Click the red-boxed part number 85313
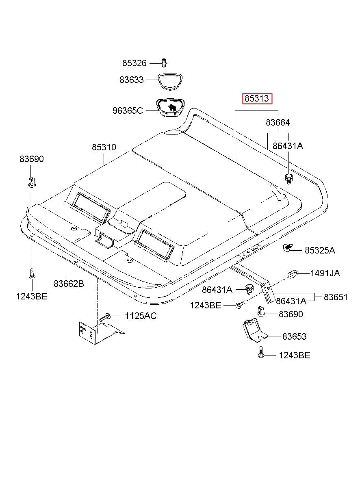(256, 98)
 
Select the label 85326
(134, 63)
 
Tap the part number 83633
(131, 80)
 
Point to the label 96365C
(128, 111)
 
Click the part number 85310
(104, 147)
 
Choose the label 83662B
(69, 284)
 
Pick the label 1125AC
(141, 316)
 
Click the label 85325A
(320, 250)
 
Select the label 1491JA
(325, 273)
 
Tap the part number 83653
(294, 336)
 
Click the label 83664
(278, 122)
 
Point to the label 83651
(336, 297)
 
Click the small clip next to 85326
(164, 63)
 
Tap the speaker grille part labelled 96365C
(170, 108)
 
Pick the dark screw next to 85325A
(288, 247)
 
